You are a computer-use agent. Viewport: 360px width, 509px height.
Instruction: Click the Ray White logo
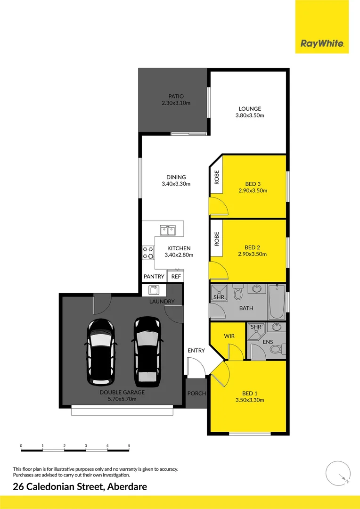(x=322, y=44)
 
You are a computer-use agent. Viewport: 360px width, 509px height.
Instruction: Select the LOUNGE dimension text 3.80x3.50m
(x=250, y=115)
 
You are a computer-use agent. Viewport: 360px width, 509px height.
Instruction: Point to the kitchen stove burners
(x=148, y=253)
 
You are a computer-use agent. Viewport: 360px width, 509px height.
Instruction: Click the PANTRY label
(x=154, y=277)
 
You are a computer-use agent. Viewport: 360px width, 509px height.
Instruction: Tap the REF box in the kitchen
(x=176, y=277)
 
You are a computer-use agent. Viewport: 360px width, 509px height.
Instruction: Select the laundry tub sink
(x=154, y=290)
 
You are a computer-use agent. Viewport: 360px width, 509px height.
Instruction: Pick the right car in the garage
(x=147, y=349)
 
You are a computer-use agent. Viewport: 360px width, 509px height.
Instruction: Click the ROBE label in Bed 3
(x=217, y=177)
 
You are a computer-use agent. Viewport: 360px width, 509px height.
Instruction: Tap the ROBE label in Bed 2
(x=217, y=239)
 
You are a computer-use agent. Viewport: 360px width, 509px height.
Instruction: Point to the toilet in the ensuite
(x=282, y=349)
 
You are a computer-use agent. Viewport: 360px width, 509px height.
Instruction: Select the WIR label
(x=229, y=336)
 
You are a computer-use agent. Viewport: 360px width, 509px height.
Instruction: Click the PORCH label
(x=196, y=393)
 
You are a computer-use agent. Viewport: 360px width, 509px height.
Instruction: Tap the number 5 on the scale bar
(x=129, y=445)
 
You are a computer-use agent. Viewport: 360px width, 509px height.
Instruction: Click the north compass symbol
(x=338, y=473)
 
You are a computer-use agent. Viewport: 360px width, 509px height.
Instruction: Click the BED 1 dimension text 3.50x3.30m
(x=249, y=400)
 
